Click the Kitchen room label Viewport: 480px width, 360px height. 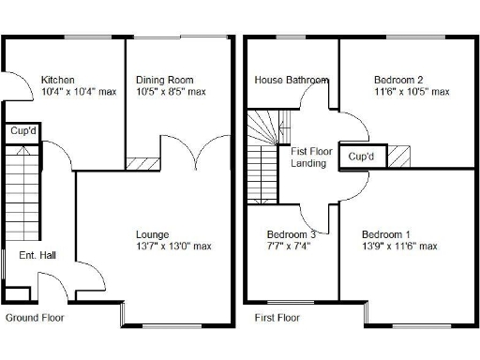57,80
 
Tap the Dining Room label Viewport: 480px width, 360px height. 164,80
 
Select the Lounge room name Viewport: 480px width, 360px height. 152,233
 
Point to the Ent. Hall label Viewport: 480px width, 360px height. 37,254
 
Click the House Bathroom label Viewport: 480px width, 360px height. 291,80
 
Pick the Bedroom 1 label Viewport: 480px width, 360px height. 386,233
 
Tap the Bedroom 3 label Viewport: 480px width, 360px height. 291,233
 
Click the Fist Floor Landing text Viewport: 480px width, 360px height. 308,157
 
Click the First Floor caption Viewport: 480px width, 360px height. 277,319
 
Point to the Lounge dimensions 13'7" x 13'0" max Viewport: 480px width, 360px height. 172,247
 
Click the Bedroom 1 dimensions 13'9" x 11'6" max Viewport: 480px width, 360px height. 399,247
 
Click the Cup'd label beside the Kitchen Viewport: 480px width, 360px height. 22,131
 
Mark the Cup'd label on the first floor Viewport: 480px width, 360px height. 361,156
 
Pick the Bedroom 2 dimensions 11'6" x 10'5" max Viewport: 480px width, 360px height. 412,92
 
